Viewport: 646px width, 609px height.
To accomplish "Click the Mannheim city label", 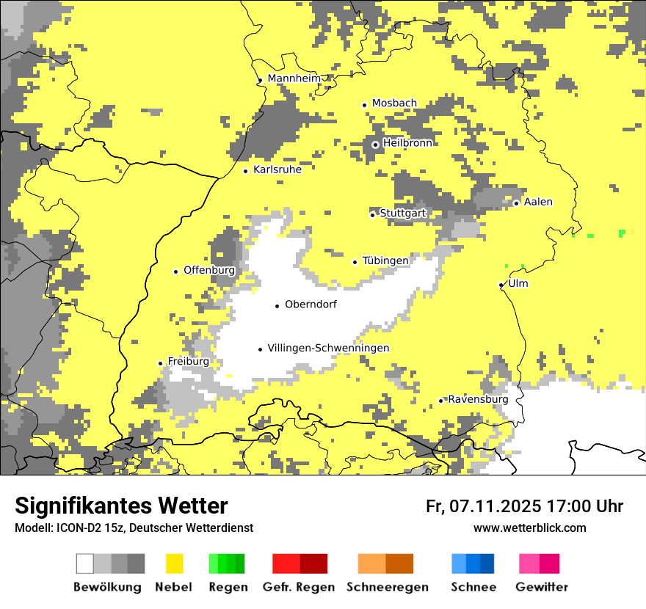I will pos(294,79).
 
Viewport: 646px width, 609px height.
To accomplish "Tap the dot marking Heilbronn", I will pos(375,145).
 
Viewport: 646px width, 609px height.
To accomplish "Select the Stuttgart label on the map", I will pos(402,214).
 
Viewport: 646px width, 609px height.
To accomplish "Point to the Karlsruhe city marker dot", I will pos(246,171).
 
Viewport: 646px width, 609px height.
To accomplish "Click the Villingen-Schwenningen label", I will pos(328,348).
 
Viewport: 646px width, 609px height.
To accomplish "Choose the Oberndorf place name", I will pos(311,304).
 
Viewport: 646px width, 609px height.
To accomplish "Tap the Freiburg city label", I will pos(188,361).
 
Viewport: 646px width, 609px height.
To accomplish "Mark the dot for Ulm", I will pos(501,285).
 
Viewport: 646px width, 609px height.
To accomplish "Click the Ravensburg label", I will pos(478,399).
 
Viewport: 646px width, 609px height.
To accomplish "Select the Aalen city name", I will pos(538,202).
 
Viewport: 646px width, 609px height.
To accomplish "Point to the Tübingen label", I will pos(385,260).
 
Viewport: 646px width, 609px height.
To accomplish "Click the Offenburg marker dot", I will pos(175,271).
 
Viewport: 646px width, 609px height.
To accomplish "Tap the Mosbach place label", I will pos(394,103).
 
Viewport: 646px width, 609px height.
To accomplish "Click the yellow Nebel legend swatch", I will pos(175,564).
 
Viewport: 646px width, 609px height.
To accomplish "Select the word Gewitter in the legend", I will pos(542,587).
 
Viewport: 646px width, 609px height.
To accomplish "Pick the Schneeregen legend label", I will pos(388,587).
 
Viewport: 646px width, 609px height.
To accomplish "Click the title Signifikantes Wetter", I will pos(121,506).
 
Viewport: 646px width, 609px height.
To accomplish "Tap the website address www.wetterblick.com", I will pos(529,528).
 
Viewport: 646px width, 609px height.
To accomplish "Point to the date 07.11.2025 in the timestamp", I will pos(496,506).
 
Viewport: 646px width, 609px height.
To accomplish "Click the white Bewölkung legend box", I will pos(85,564).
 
